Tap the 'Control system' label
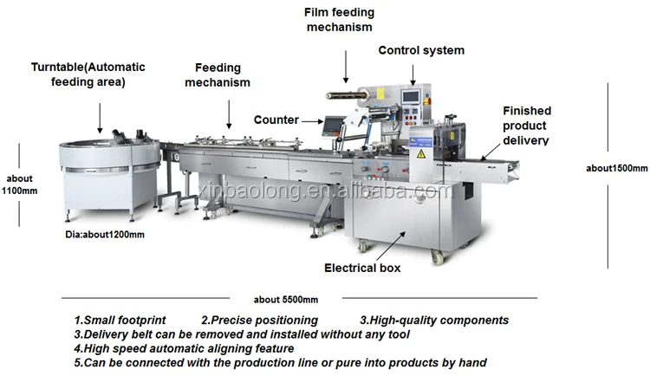click(420, 50)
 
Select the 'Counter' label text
click(276, 120)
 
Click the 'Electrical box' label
click(362, 268)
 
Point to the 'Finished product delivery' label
click(527, 125)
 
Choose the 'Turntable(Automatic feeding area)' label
click(88, 74)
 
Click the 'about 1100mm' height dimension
click(19, 185)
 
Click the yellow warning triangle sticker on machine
click(421, 153)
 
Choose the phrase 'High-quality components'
click(439, 320)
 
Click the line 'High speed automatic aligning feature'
click(190, 348)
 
